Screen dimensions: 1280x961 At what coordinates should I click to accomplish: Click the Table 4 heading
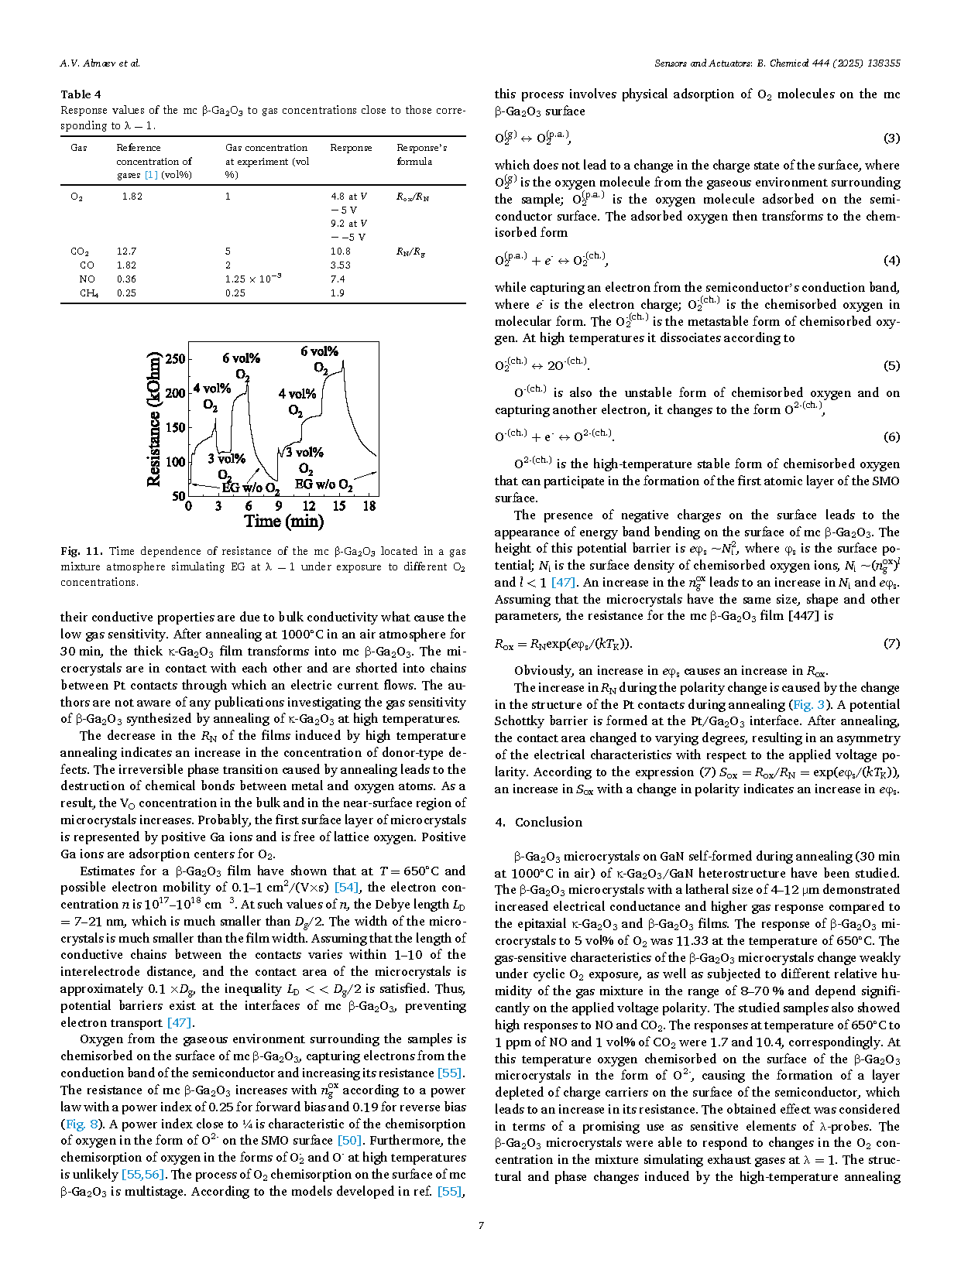pos(81,94)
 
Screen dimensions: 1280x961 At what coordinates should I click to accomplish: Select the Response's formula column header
pos(421,154)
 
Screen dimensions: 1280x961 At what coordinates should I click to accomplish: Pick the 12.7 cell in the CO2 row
pos(126,252)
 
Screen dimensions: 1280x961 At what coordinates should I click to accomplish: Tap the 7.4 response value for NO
pos(338,279)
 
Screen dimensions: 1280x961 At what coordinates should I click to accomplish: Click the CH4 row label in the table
pos(88,293)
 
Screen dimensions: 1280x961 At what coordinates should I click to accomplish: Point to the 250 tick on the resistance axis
pos(176,358)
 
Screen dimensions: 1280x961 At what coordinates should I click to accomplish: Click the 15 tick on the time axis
pos(339,506)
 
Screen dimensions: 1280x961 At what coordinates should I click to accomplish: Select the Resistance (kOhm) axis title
pos(154,419)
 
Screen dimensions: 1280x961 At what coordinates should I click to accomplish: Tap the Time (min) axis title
pos(283,522)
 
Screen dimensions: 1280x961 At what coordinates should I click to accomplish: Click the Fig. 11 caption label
pos(81,551)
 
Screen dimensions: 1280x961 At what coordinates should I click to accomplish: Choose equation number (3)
pos(891,138)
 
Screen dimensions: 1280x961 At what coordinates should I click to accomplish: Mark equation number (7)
pos(891,643)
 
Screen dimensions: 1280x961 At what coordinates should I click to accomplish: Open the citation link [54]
pos(346,888)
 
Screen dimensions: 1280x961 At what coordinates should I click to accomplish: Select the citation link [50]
pos(349,1141)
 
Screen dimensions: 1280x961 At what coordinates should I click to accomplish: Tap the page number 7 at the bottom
pos(481,1225)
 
